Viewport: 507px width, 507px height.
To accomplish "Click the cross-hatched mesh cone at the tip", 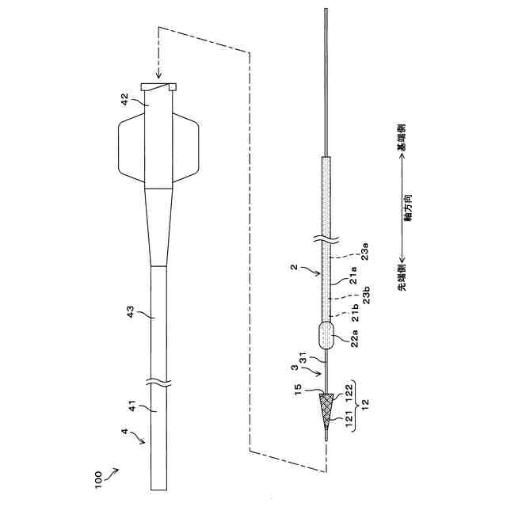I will point(326,407).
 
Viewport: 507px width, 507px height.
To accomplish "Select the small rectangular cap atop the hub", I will point(158,86).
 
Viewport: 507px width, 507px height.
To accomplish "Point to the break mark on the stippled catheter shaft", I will point(326,237).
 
